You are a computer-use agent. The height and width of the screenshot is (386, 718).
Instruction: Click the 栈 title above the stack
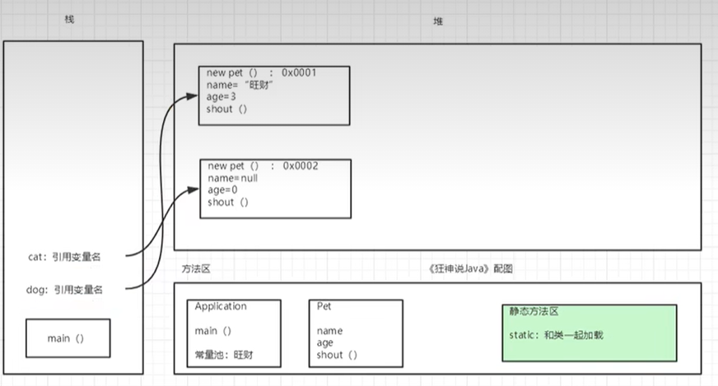point(69,19)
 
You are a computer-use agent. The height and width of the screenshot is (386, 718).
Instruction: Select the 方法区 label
point(197,269)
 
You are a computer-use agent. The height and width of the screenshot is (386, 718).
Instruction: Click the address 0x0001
point(300,72)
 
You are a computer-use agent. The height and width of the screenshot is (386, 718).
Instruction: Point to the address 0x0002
point(301,166)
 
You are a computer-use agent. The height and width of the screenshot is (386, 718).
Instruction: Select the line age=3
point(221,97)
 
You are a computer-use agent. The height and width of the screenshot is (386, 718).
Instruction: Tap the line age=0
point(222,190)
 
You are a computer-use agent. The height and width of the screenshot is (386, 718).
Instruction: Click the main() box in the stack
point(68,338)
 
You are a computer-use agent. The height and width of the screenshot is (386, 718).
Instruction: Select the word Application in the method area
point(221,306)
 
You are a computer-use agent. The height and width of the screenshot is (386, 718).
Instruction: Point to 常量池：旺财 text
point(224,356)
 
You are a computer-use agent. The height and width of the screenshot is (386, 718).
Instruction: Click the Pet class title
point(324,306)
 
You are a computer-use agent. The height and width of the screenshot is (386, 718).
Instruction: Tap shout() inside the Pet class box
point(337,356)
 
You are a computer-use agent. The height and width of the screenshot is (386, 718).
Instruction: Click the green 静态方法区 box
point(589,333)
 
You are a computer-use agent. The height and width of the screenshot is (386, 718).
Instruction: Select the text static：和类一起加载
point(557,335)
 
